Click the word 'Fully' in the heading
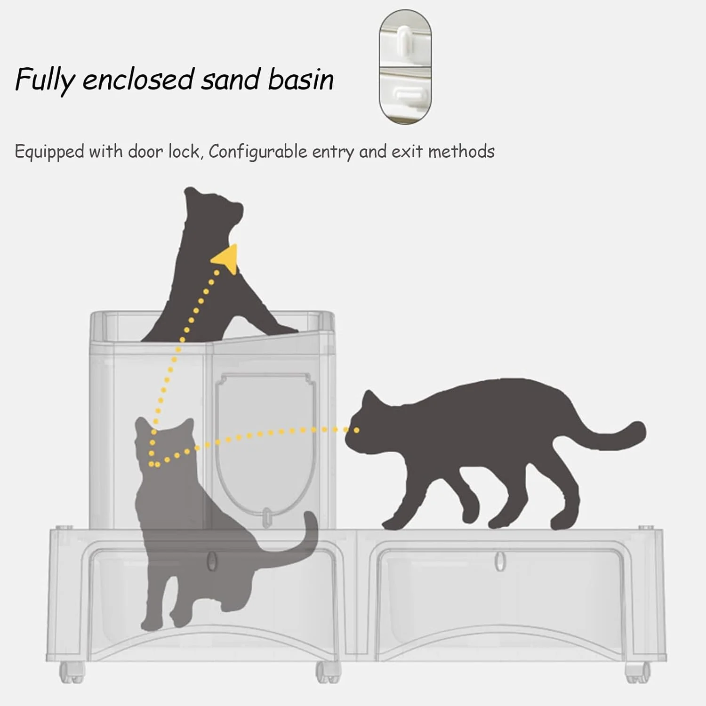(x=45, y=80)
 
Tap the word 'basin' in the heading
(x=301, y=79)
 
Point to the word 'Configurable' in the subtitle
(x=257, y=152)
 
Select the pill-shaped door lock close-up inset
(x=405, y=67)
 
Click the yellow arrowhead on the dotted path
(x=226, y=259)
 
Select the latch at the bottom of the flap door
(x=267, y=516)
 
